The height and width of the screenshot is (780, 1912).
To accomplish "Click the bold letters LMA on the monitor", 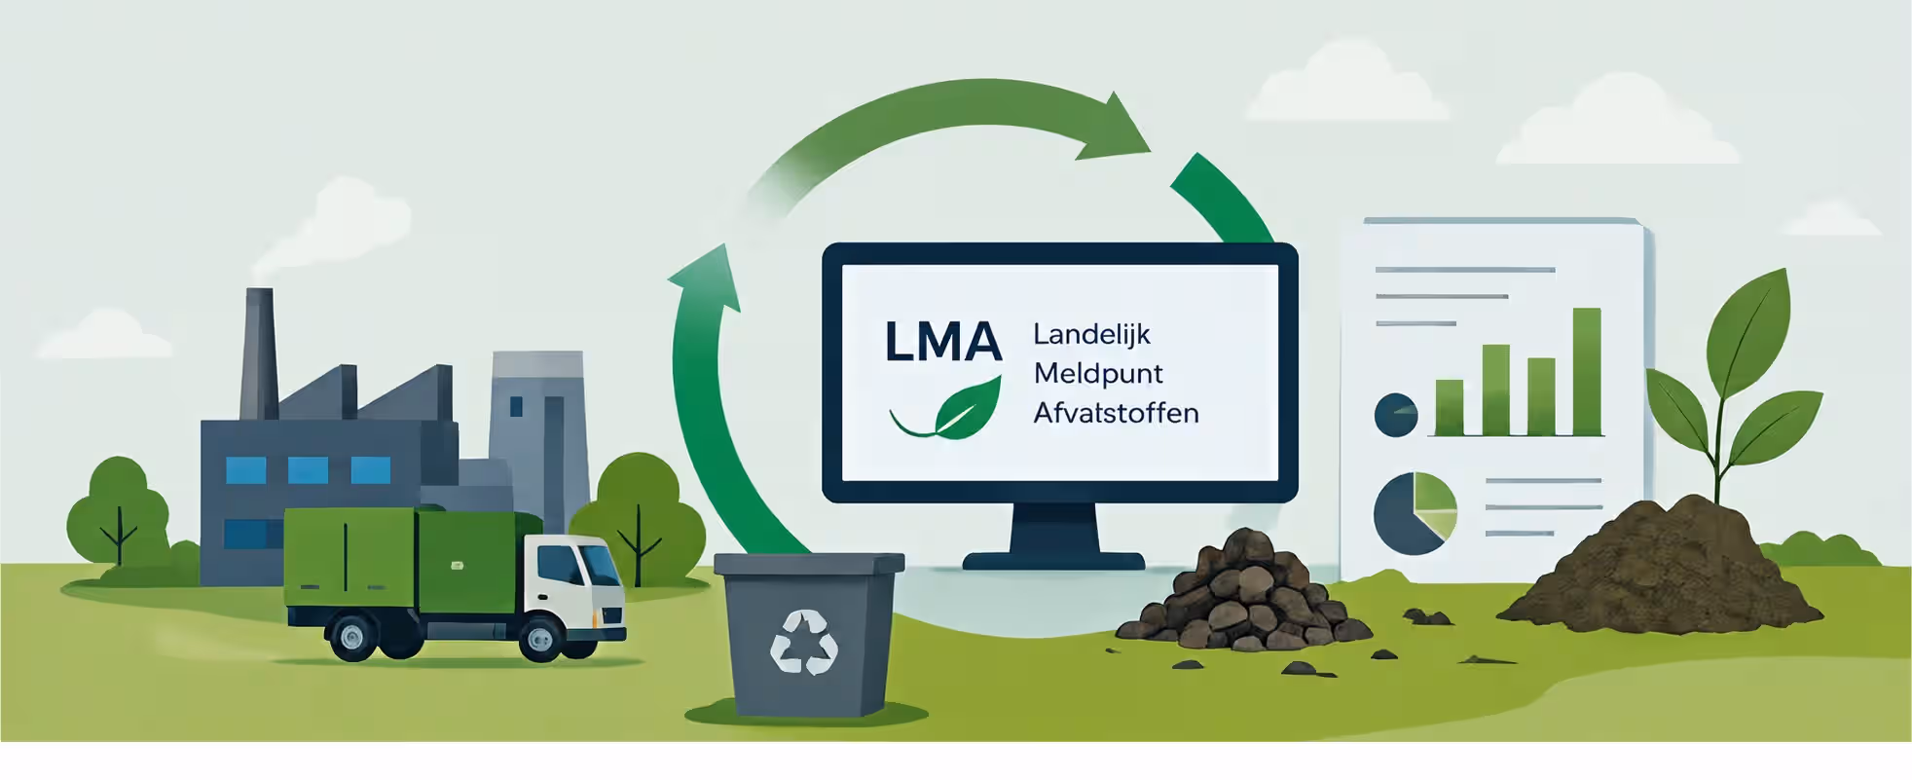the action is click(942, 342).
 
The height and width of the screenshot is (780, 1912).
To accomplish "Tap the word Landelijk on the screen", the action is click(1091, 335).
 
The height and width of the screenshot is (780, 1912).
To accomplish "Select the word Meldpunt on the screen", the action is click(1098, 374).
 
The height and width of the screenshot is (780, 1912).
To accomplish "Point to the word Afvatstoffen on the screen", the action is click(1116, 413).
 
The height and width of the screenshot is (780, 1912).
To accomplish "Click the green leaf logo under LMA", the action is click(949, 408).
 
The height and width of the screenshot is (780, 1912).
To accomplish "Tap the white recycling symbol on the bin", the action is click(804, 642).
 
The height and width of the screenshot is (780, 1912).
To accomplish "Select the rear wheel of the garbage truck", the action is click(352, 637).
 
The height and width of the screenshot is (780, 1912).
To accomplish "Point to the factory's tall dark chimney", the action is click(259, 353).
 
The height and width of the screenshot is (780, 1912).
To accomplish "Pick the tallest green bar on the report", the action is click(1587, 371).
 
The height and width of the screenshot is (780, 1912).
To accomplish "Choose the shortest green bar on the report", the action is click(1450, 407).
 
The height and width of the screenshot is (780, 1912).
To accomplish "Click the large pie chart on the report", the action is click(1416, 513).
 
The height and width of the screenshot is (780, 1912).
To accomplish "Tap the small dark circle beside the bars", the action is click(1396, 415).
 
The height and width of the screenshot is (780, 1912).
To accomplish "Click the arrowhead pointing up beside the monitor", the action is click(705, 279).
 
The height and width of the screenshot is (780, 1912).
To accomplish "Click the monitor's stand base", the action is click(1053, 561).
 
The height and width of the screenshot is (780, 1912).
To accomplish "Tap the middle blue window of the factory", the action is click(308, 470).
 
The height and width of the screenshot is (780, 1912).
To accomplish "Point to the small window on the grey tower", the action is click(516, 406).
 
